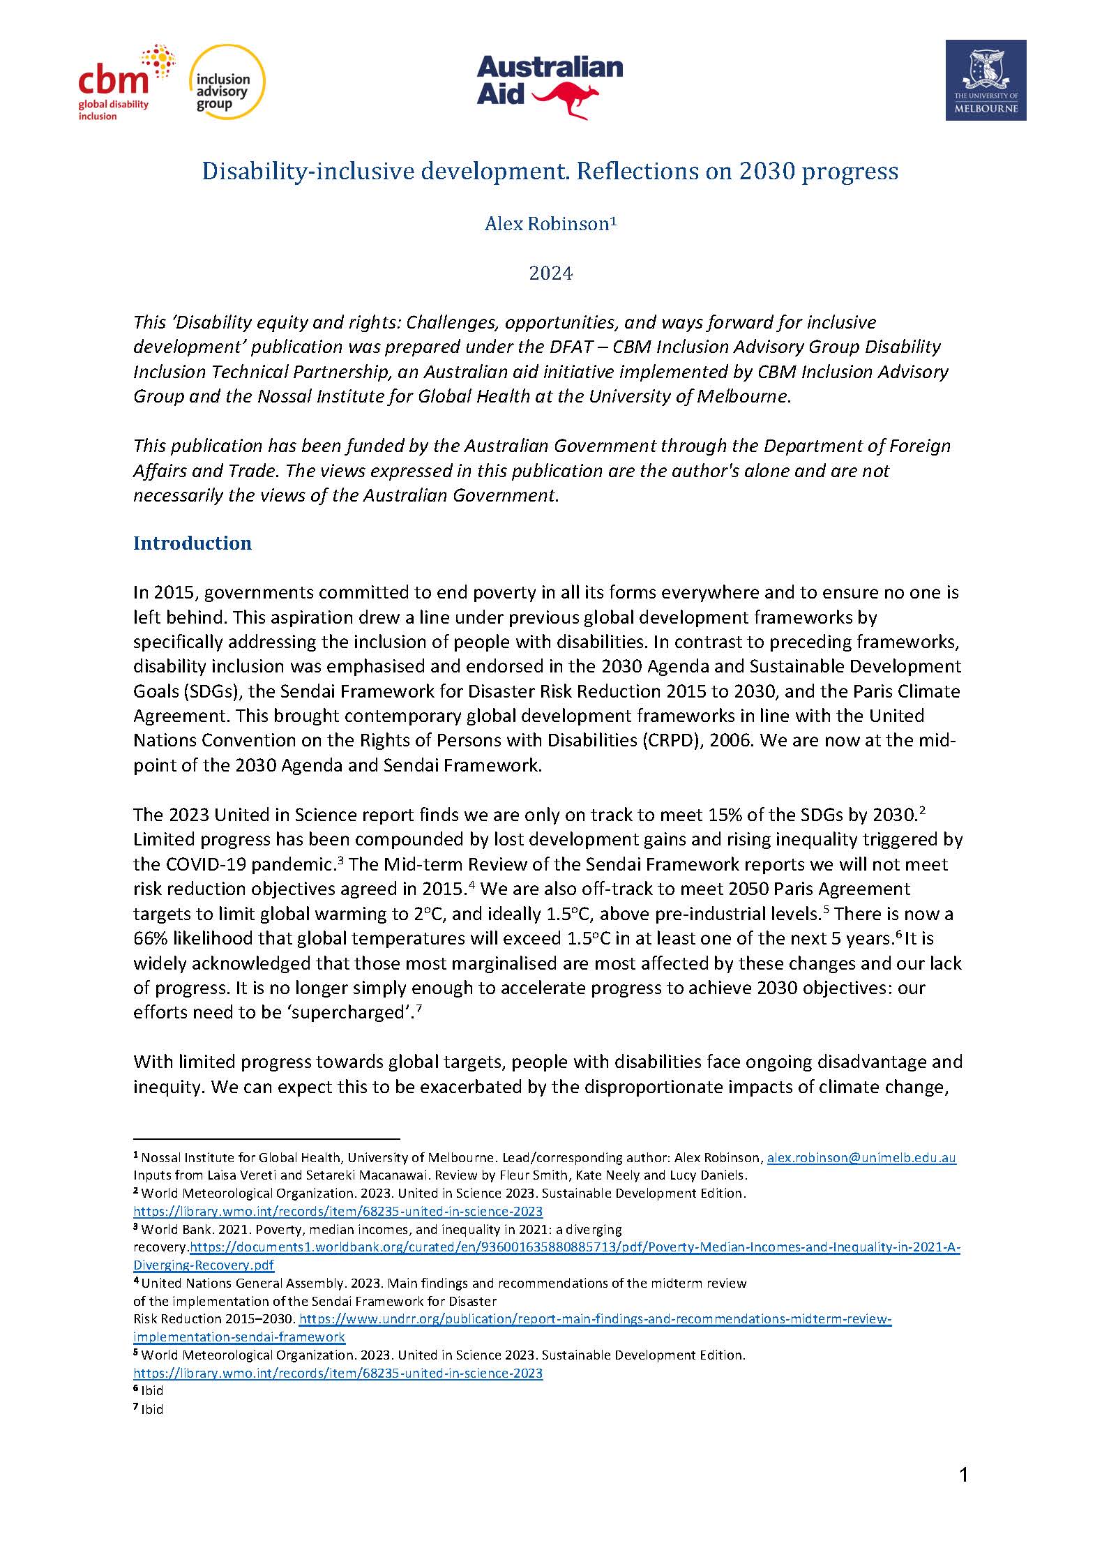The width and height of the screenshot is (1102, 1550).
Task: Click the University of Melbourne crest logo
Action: pyautogui.click(x=985, y=80)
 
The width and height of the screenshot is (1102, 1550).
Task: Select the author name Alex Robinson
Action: pyautogui.click(x=547, y=224)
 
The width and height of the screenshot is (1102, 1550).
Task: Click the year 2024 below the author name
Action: pyautogui.click(x=550, y=273)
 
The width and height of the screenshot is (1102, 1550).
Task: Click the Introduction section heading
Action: pyautogui.click(x=192, y=543)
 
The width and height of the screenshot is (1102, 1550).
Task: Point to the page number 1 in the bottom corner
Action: pyautogui.click(x=964, y=1475)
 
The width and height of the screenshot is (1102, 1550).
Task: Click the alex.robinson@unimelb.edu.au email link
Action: pyautogui.click(x=861, y=1158)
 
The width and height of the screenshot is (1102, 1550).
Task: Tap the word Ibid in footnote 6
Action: pyautogui.click(x=151, y=1390)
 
